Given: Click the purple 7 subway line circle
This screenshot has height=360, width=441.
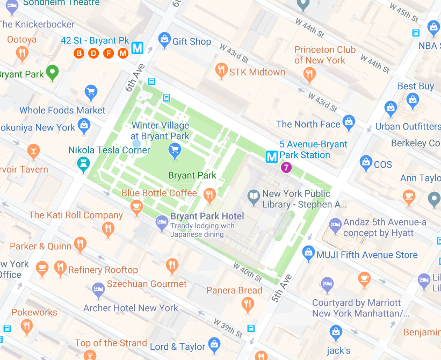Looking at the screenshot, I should [286, 167].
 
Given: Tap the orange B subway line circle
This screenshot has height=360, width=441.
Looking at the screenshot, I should [79, 53].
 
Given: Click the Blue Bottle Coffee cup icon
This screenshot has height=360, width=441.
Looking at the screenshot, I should [136, 206].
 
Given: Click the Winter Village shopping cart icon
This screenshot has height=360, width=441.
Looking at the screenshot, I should [174, 150].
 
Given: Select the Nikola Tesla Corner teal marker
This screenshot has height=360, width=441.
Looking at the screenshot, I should [83, 164].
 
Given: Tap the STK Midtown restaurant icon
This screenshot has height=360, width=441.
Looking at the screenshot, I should [221, 70].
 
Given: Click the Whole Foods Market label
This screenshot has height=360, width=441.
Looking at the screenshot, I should [62, 110].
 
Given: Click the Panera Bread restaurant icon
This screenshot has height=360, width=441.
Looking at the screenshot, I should [248, 305].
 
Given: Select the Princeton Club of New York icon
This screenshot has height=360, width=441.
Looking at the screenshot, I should [309, 74].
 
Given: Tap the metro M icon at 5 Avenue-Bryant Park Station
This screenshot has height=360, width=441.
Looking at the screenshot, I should [272, 157].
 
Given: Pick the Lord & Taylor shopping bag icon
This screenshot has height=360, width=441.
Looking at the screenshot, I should [214, 344].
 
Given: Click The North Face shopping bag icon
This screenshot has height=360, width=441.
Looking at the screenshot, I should [349, 123].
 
